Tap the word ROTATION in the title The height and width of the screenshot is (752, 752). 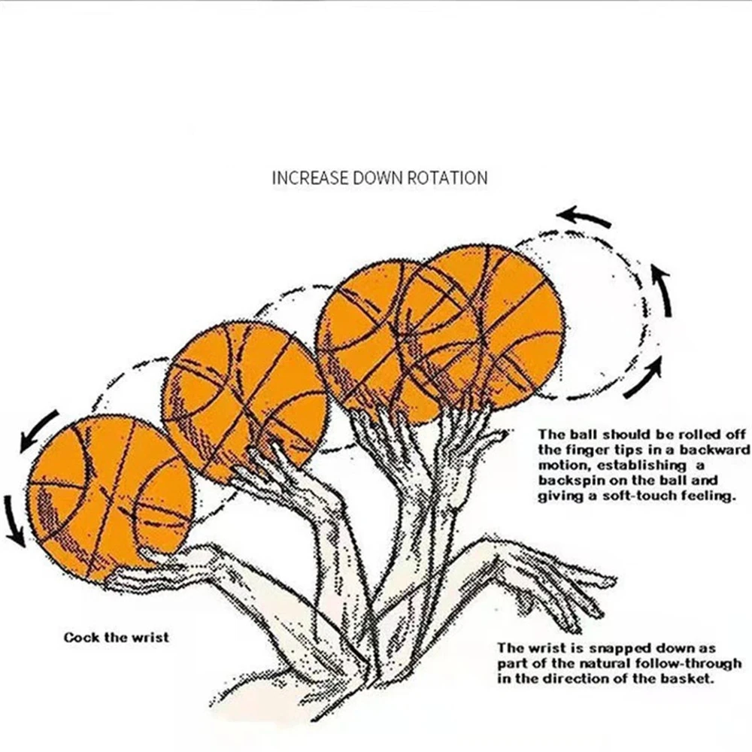point(447,178)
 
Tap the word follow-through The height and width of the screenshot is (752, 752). point(693,663)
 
